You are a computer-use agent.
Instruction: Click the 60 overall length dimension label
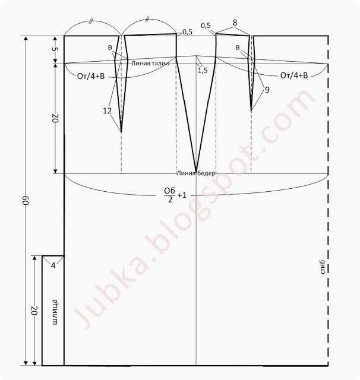26,201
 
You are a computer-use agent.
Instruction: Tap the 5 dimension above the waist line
55,49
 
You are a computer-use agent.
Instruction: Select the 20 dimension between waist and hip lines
55,119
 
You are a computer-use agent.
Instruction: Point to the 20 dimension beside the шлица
34,311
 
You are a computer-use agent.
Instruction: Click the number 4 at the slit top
53,266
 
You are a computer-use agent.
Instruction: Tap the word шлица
55,313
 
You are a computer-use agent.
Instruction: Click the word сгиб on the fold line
323,267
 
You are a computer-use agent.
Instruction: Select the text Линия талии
150,64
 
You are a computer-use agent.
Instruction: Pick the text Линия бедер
195,173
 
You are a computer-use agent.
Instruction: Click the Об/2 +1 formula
175,195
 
